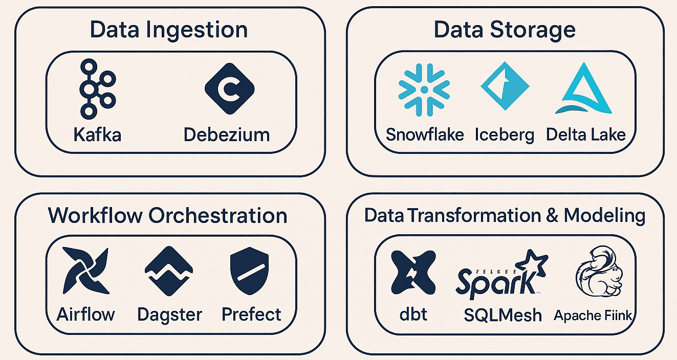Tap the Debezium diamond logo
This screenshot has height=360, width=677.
pos(225,88)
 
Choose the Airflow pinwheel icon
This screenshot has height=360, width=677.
pos(85,271)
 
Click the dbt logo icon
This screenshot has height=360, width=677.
pos(413,271)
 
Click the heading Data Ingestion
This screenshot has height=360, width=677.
pos(168,30)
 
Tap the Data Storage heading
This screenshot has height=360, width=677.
pos(505,30)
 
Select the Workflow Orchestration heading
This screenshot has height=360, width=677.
pos(167,215)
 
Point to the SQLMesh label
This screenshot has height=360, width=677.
pos(503,315)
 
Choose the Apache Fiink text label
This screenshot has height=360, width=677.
pos(593,315)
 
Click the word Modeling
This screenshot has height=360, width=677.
pos(604,216)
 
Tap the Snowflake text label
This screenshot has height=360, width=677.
pos(425,134)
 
